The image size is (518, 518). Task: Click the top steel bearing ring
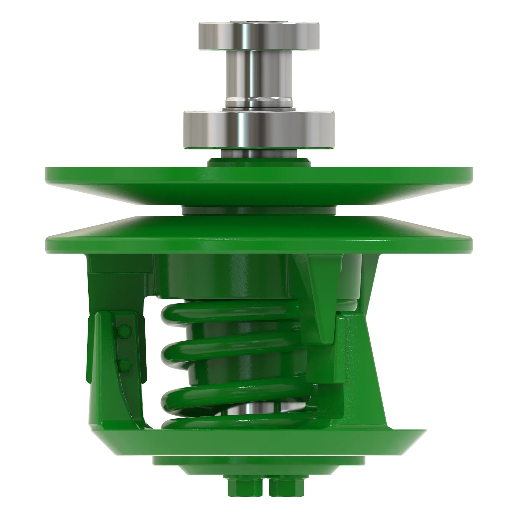pos(259,36)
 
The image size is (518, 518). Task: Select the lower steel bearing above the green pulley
pos(259,130)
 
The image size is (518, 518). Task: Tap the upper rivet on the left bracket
pos(124,332)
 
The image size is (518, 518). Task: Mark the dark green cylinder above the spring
pos(228,276)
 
